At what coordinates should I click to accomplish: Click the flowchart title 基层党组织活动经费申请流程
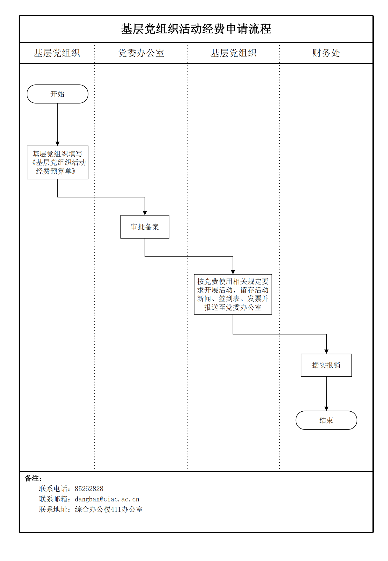click(196, 29)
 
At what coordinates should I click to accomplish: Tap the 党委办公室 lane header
click(141, 53)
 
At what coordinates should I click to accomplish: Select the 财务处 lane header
click(326, 53)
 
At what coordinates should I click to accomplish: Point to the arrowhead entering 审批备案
click(145, 213)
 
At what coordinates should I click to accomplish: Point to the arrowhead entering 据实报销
click(326, 352)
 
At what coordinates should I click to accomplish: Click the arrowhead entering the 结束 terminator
click(326, 409)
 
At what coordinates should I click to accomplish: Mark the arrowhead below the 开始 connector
click(57, 144)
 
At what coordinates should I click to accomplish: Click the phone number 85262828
click(89, 489)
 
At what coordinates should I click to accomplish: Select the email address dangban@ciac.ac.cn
click(107, 499)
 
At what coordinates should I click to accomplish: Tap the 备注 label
click(33, 478)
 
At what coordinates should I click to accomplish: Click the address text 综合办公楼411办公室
click(109, 509)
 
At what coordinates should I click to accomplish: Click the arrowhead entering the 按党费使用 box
click(233, 272)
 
